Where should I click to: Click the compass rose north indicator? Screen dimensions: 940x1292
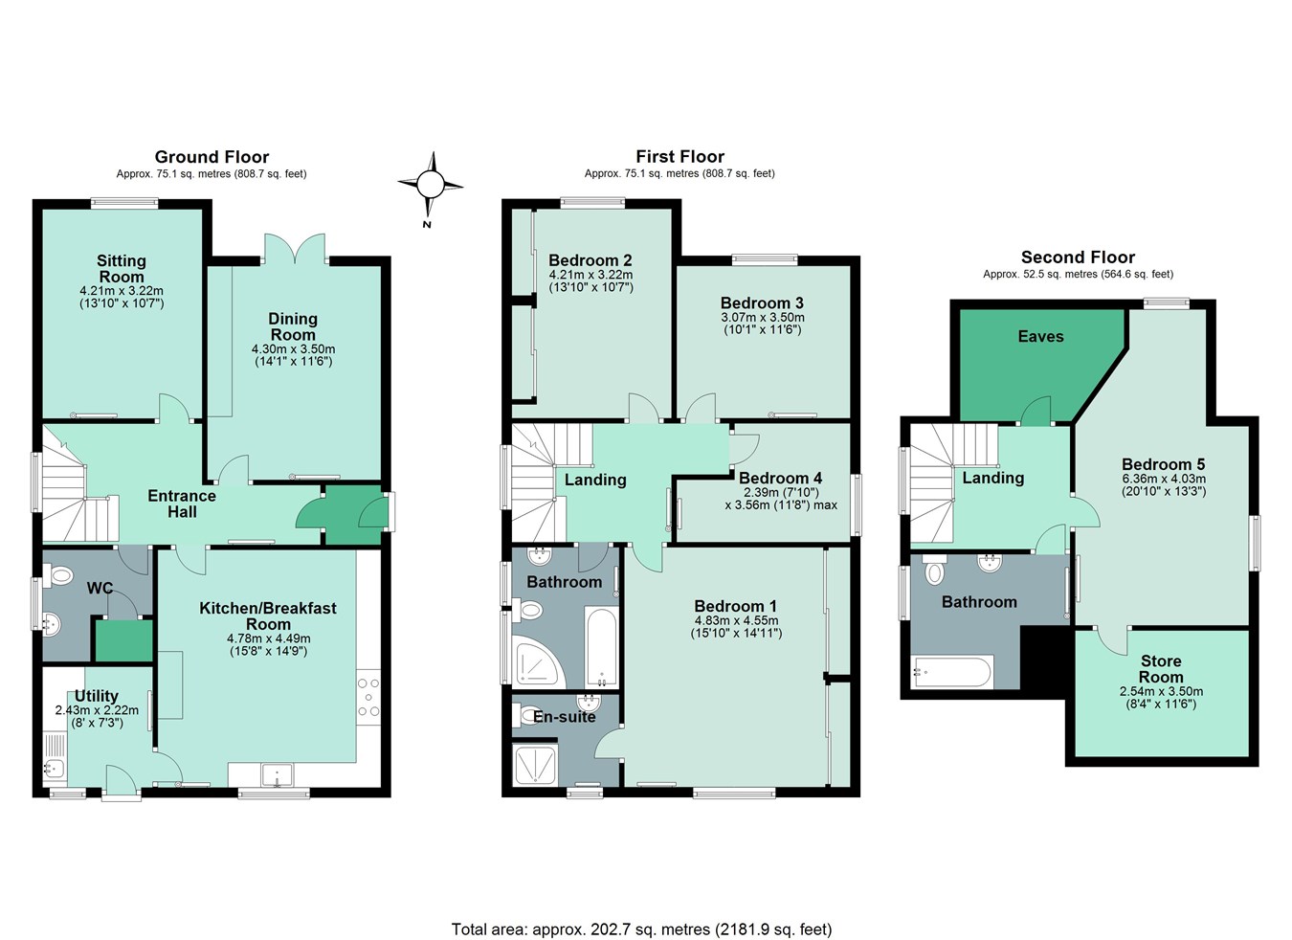(430, 186)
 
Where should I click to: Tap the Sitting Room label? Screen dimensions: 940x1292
(122, 268)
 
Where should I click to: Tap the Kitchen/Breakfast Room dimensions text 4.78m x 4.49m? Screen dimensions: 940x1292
(268, 638)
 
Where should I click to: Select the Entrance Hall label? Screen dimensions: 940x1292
(182, 504)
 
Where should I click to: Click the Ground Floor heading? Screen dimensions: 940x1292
(212, 157)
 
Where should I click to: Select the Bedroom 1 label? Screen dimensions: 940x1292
(735, 606)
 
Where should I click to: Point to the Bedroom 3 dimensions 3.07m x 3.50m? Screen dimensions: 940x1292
(762, 318)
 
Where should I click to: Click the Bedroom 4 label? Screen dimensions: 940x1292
(780, 478)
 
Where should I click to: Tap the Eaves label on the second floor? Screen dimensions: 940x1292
(1040, 337)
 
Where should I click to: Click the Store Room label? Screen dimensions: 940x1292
(1160, 669)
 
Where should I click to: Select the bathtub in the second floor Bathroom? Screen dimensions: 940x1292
(952, 672)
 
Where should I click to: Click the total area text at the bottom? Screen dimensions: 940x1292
(641, 929)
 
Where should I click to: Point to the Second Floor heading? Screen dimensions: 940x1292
(1078, 257)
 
